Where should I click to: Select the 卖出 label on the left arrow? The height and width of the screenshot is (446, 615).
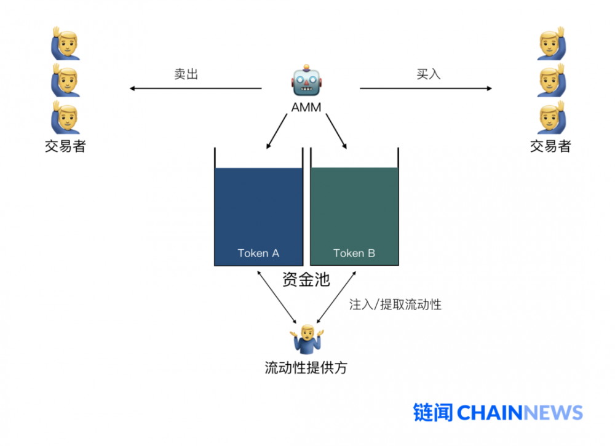pyautogui.click(x=186, y=74)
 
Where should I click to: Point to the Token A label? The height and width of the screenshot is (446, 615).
pyautogui.click(x=258, y=253)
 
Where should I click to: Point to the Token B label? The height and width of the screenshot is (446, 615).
pyautogui.click(x=354, y=253)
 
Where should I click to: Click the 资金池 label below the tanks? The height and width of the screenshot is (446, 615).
pyautogui.click(x=306, y=281)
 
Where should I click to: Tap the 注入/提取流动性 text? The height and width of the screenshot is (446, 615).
pyautogui.click(x=395, y=305)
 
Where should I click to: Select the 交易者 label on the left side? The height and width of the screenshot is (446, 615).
pyautogui.click(x=65, y=146)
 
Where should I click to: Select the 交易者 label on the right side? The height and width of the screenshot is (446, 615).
pyautogui.click(x=550, y=146)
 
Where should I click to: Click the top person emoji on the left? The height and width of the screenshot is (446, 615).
pyautogui.click(x=65, y=43)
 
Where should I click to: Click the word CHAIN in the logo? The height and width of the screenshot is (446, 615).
pyautogui.click(x=490, y=412)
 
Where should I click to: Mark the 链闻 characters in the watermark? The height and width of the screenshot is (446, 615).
pyautogui.click(x=433, y=412)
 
